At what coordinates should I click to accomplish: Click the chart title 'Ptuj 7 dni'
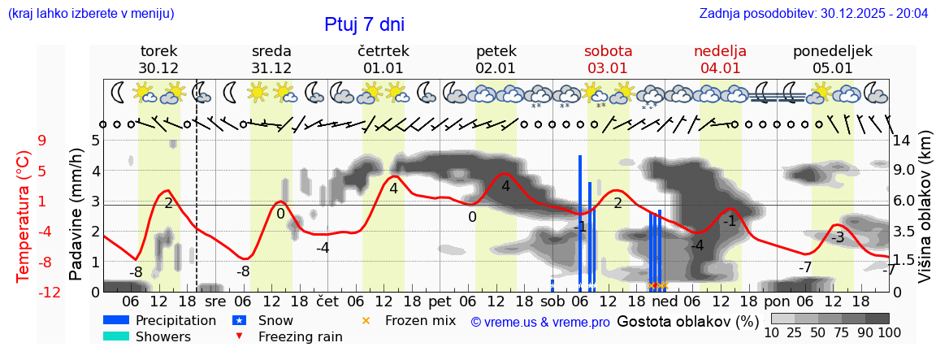click(x=364, y=24)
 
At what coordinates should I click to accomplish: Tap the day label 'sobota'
click(x=608, y=50)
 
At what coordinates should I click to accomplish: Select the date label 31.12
click(x=271, y=68)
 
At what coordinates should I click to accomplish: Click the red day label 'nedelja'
click(x=720, y=50)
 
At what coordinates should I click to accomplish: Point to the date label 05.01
click(x=833, y=68)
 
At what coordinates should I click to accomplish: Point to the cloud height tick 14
click(x=903, y=140)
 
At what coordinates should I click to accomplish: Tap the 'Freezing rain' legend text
click(x=300, y=336)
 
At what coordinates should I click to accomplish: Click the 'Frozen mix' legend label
click(x=420, y=320)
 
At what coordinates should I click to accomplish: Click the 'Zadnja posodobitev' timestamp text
click(x=813, y=13)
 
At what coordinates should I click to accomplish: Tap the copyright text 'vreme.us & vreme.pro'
click(x=540, y=322)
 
